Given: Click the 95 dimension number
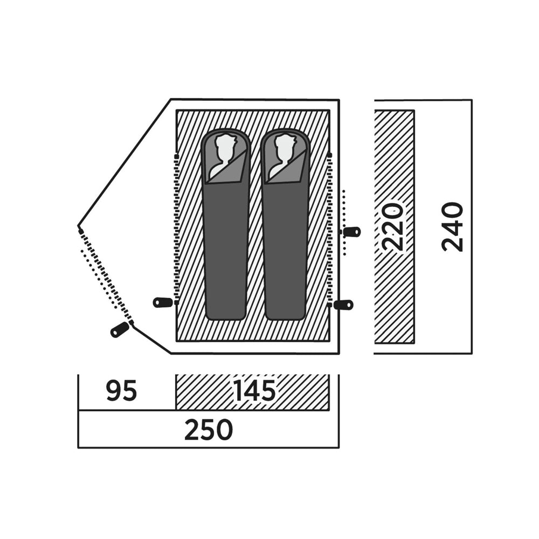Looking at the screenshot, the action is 122,390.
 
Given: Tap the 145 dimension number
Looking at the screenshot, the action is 254,390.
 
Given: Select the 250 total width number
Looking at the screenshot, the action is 209,430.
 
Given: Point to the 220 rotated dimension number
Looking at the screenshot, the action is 393,227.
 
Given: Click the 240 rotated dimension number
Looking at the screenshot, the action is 452,227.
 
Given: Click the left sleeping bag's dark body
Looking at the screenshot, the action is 226,247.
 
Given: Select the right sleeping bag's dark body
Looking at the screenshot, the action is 285,247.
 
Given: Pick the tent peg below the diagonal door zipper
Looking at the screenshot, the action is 119,329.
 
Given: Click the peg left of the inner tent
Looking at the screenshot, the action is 163,302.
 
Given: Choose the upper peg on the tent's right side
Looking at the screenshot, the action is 351,232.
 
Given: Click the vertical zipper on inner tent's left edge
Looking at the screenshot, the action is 177,229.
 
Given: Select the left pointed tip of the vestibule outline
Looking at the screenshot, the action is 78,226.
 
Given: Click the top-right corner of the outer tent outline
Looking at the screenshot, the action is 339,100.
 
